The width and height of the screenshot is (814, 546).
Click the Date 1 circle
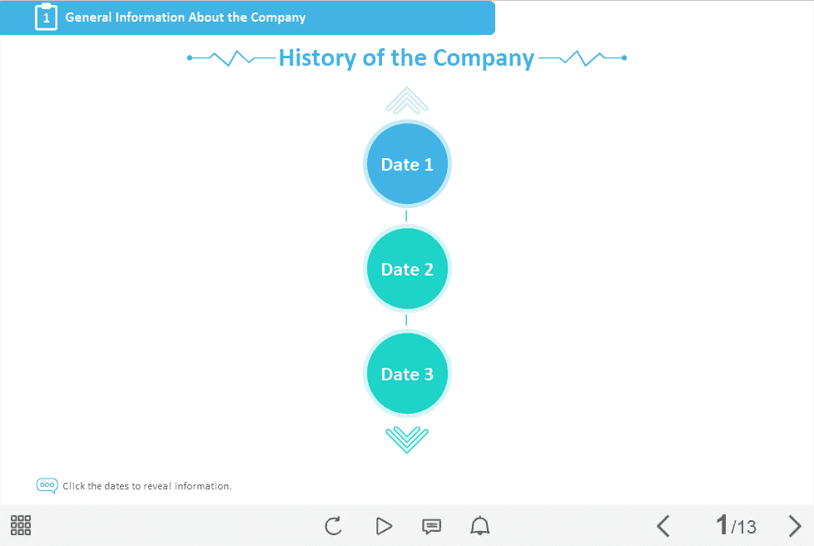pos(407,164)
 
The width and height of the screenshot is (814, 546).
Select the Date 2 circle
pos(407,269)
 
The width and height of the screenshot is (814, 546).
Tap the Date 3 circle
pos(407,374)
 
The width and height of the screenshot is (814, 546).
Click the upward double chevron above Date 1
pos(407,100)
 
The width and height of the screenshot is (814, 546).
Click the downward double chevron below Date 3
pos(407,439)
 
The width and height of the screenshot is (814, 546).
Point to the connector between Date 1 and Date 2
pos(406,216)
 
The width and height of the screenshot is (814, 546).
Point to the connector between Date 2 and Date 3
pos(406,320)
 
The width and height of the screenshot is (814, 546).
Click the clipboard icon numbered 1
pos(47,17)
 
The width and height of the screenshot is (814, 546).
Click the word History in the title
pos(318,57)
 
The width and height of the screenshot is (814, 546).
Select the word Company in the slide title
pos(484,58)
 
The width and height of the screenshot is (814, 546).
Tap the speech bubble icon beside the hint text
pos(47,486)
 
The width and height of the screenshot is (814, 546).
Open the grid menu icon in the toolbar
pos(21,525)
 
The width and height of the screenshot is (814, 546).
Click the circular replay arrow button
pos(333,526)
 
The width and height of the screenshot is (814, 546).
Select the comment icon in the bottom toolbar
pos(431,526)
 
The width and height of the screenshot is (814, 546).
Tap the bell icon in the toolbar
pos(480,526)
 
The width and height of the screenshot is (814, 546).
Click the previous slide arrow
pos(663,526)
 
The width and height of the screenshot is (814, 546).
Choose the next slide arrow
pos(795,526)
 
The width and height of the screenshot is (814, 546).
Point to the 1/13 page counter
pos(736,525)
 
